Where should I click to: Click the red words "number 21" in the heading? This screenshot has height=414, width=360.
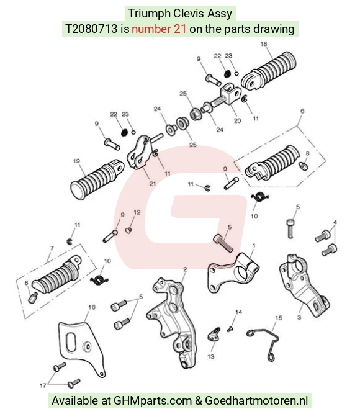(x=159, y=29)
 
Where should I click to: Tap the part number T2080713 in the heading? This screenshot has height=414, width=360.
(x=91, y=29)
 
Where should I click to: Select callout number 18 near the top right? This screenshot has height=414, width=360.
(x=264, y=44)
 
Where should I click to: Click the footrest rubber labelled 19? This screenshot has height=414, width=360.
(x=97, y=179)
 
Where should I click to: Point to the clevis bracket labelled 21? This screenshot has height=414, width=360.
(x=138, y=152)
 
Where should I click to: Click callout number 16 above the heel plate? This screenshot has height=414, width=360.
(x=92, y=307)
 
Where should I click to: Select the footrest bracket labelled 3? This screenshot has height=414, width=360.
(x=303, y=285)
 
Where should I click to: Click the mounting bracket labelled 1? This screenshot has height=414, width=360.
(x=233, y=273)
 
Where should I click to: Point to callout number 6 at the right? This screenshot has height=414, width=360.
(x=302, y=111)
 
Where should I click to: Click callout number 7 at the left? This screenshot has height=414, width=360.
(x=52, y=248)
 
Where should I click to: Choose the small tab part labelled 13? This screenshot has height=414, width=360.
(x=214, y=335)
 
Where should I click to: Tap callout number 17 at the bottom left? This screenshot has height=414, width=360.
(x=43, y=385)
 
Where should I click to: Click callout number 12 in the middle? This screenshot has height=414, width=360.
(x=137, y=212)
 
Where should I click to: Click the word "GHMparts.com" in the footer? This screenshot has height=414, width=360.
(x=153, y=401)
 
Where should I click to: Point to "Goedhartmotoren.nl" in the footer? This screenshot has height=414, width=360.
(x=256, y=401)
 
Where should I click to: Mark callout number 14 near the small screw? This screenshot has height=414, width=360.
(x=238, y=312)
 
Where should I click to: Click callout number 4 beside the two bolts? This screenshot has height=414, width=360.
(x=335, y=222)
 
